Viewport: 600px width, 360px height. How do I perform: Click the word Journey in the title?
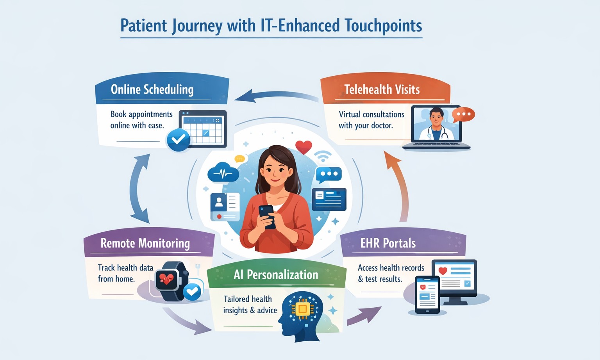coord(197,26)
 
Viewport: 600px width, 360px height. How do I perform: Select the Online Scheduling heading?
coord(152,89)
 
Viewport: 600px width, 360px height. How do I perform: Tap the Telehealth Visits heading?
coord(382,89)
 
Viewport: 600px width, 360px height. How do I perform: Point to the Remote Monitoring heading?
coord(145,243)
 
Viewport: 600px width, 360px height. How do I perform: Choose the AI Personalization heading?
coord(276,274)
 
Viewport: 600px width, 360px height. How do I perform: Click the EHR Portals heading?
coord(388,243)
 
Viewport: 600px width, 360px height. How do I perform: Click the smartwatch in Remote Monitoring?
coord(169,280)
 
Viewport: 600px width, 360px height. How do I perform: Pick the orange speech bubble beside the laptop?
coord(463,114)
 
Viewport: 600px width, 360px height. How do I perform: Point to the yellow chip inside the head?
coord(302,310)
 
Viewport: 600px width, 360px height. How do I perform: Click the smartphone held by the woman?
coord(267,216)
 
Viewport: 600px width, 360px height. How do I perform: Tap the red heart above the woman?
coord(304,147)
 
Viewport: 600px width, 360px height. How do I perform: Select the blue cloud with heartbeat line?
coord(223,173)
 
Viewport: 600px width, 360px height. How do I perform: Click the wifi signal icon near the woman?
coord(323,156)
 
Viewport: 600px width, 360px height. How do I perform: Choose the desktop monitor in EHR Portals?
coord(455,279)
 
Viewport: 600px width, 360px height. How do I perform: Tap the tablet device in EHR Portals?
coord(427,295)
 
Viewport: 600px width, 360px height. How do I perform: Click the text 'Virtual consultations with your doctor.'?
coord(371,120)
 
